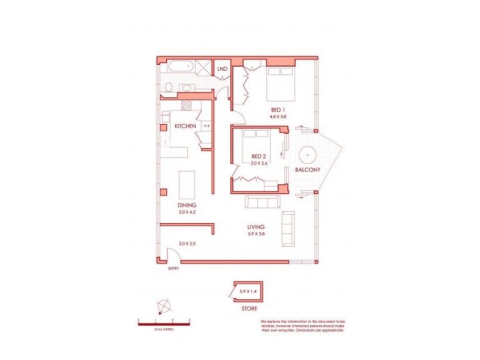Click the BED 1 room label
tap(277, 110)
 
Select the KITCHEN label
tap(185, 126)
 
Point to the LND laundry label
tap(222, 68)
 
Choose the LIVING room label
tap(256, 227)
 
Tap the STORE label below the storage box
tap(250, 308)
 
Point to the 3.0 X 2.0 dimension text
tap(188, 244)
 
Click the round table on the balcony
tap(308, 154)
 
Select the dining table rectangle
tap(188, 185)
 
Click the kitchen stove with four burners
tap(187, 106)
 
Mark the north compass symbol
tap(163, 305)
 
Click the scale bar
tap(164, 325)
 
